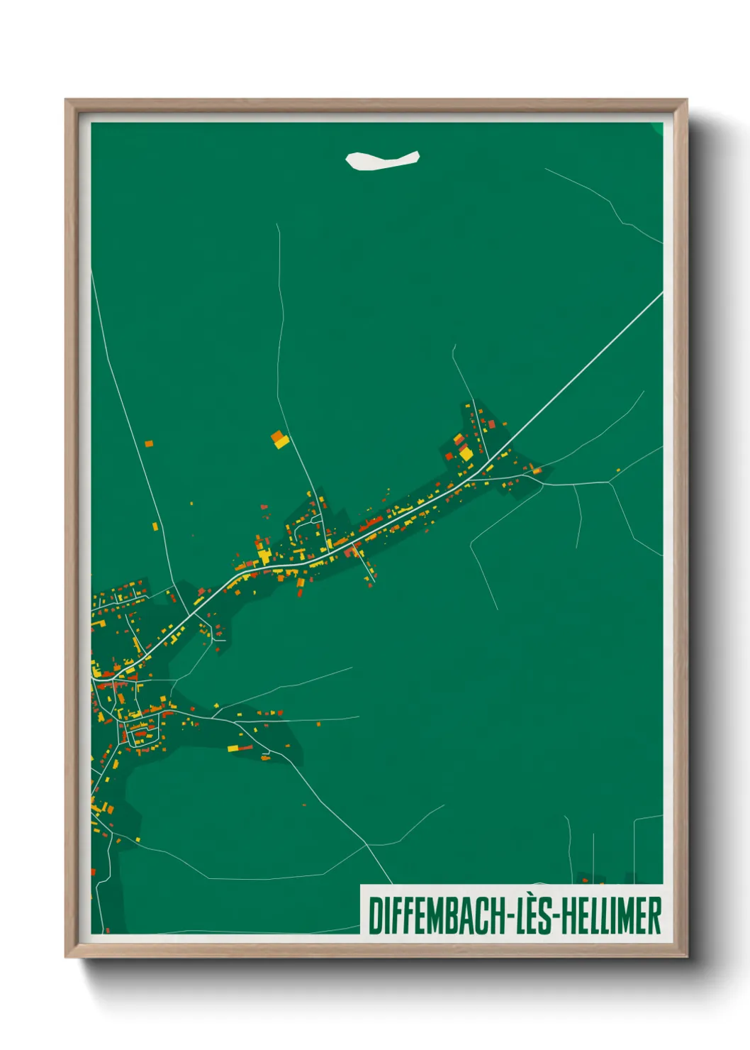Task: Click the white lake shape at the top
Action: click(x=381, y=160)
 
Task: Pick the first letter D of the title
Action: click(x=374, y=916)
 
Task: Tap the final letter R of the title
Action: click(x=655, y=916)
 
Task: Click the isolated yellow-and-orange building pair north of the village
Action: click(x=280, y=440)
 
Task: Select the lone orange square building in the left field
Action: click(x=149, y=444)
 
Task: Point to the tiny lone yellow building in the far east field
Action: click(x=618, y=470)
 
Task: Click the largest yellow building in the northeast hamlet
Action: click(x=465, y=452)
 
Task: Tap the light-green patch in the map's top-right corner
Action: click(x=657, y=128)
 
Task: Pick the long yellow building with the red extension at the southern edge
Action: click(x=237, y=748)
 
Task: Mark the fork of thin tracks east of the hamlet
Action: click(x=609, y=482)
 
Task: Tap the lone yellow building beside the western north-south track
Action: click(x=155, y=526)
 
